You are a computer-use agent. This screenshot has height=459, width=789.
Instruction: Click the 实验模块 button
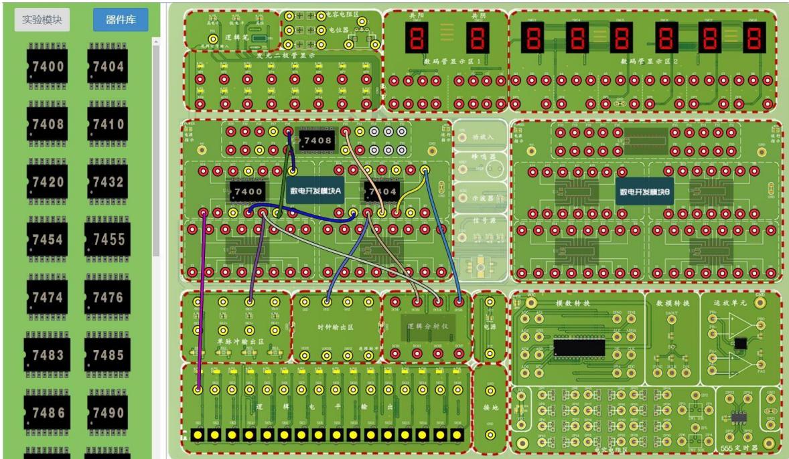(x=42, y=20)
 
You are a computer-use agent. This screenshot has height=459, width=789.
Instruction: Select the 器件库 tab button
(x=121, y=20)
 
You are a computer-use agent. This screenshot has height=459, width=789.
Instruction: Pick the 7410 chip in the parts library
(x=108, y=124)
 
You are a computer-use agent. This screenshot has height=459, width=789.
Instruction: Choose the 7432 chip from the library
(x=108, y=182)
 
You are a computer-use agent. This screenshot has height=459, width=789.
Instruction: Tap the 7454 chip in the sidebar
(x=46, y=240)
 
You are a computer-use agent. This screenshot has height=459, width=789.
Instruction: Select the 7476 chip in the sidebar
(x=108, y=297)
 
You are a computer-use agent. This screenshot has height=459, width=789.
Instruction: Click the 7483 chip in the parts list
(x=46, y=355)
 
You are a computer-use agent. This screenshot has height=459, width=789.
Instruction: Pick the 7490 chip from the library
(x=108, y=412)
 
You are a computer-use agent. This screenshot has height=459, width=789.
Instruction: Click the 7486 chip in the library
(x=46, y=412)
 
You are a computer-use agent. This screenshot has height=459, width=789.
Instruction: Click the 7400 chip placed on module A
(x=246, y=192)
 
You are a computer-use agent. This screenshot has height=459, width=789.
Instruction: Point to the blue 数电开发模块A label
(x=315, y=190)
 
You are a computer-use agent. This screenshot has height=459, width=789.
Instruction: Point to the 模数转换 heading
(x=573, y=303)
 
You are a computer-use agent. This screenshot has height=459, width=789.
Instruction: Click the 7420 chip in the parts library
(x=46, y=182)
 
